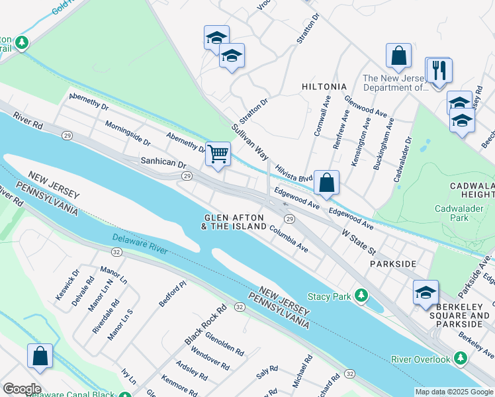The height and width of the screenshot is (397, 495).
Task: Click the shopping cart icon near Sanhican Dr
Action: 218,154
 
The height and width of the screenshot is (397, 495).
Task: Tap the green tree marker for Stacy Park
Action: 361,296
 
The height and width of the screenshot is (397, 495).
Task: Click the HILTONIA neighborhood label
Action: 324,87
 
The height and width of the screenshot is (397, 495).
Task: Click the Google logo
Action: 21,389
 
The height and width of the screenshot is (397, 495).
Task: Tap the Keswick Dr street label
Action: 67,285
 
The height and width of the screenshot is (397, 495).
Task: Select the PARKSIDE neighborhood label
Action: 393,263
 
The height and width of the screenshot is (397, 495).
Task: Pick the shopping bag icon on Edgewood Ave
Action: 327,183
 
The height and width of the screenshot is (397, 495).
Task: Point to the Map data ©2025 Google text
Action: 453,392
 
